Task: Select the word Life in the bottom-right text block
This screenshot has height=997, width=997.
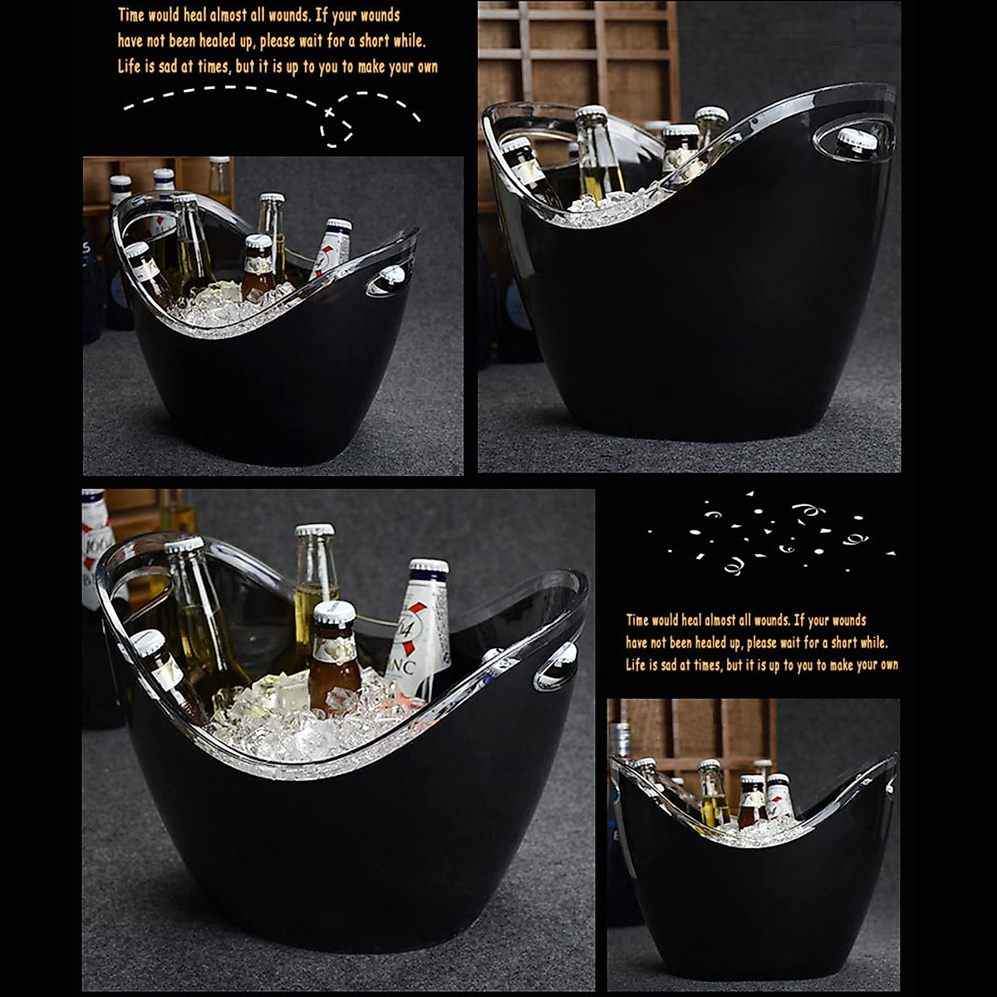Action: coord(636,665)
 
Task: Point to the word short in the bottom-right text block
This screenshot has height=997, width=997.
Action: coord(844,642)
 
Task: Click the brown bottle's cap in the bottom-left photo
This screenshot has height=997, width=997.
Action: coord(335,613)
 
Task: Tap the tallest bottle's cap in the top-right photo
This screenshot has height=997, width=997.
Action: coord(591,113)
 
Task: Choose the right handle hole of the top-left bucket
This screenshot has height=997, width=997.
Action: coord(388,280)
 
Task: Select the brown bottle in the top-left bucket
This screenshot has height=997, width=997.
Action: coord(258,270)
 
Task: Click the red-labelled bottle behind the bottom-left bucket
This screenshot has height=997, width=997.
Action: coord(96,548)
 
